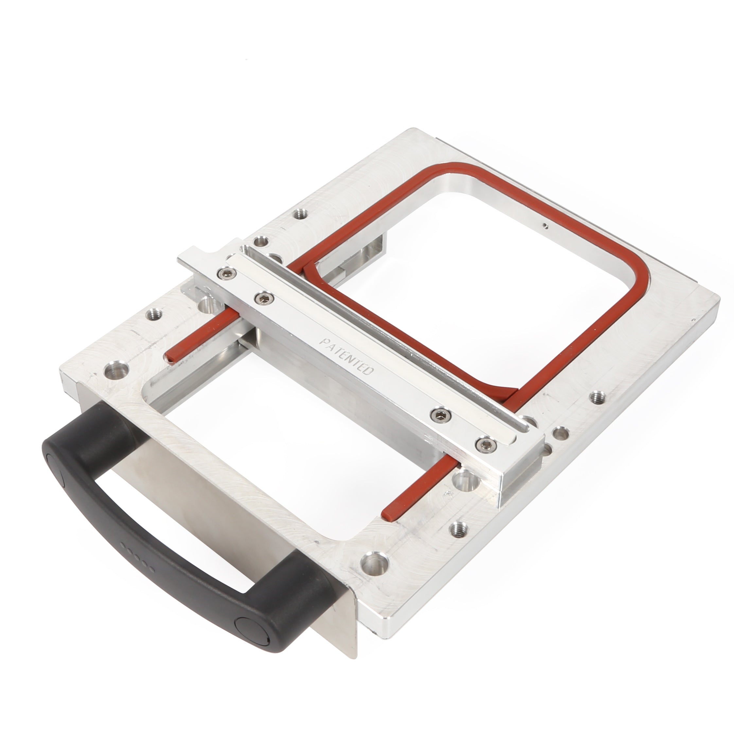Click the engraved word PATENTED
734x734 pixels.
tap(346, 356)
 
